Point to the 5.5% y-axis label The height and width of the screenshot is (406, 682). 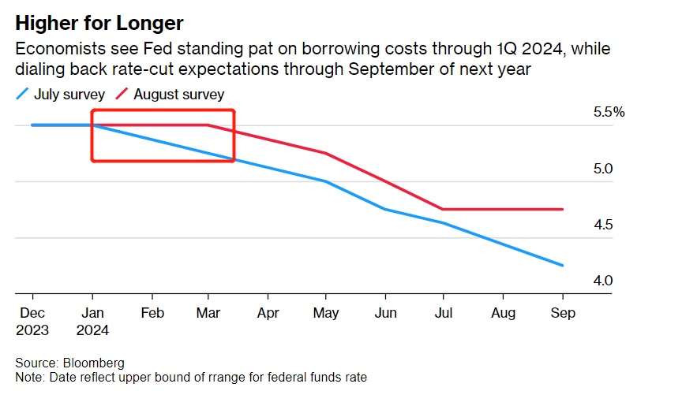coord(609,113)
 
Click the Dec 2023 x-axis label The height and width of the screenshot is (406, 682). coord(32,322)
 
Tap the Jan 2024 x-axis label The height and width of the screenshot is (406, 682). coord(93,322)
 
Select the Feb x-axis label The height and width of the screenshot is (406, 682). coord(152,313)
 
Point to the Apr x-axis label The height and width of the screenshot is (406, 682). coord(268,313)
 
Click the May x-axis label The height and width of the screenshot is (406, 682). coord(326,313)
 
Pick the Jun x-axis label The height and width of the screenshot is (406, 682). coord(384,313)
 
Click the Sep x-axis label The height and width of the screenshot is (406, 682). coord(563,313)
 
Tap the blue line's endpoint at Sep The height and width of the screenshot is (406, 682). coord(563,266)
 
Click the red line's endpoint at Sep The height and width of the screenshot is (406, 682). coord(563,209)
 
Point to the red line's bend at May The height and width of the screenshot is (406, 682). coord(326,153)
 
